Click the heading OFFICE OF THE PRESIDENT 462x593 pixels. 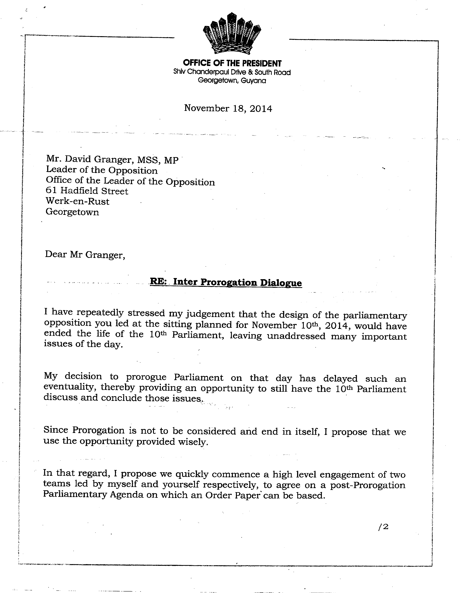(232, 63)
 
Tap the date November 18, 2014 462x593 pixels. (228, 108)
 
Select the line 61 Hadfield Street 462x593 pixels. (87, 191)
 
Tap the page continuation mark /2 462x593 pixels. (383, 527)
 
